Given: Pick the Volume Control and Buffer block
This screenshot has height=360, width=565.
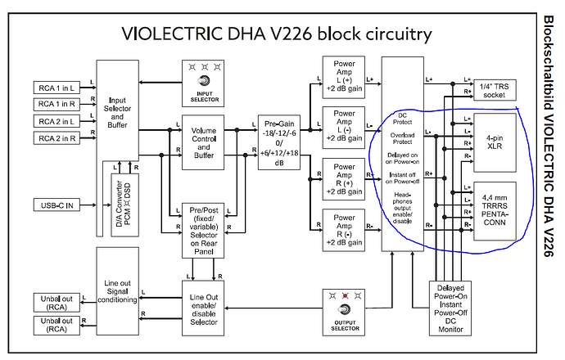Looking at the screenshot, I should pos(203,142).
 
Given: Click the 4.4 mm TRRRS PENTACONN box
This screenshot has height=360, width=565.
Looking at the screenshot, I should pos(495,209).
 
